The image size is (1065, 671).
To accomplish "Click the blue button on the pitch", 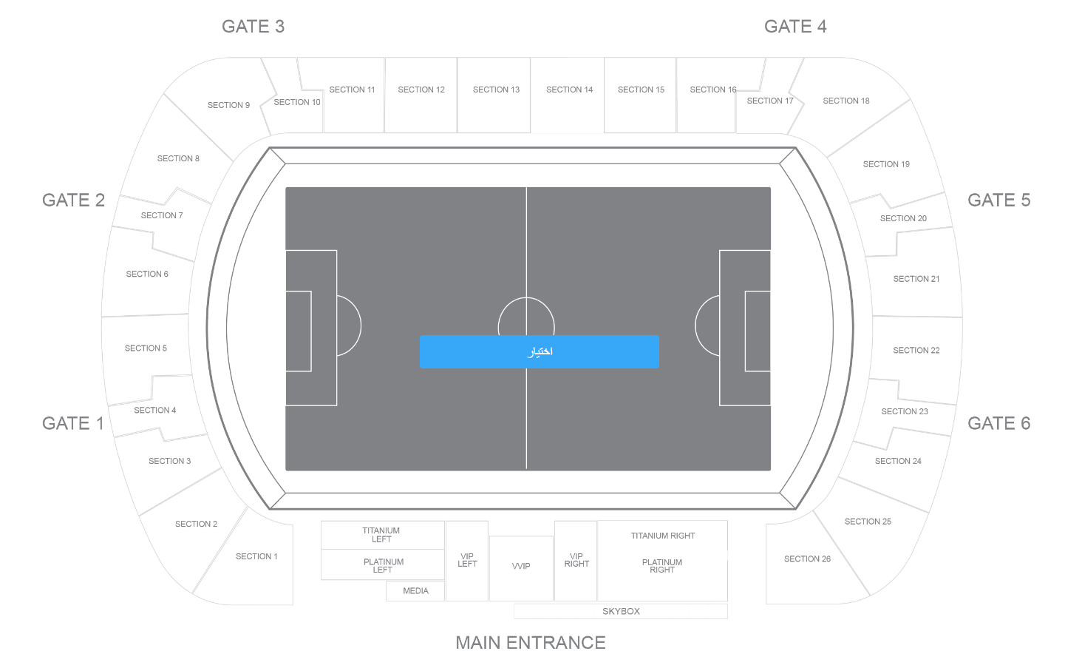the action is (540, 351).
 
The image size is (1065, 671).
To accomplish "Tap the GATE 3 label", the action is (253, 27).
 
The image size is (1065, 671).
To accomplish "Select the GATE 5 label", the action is (999, 200).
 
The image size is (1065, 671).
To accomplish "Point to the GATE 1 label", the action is (72, 424).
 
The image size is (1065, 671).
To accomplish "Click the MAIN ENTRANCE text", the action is (531, 643).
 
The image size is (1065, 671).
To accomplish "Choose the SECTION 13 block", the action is (494, 95).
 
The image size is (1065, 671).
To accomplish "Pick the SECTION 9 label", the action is (228, 105).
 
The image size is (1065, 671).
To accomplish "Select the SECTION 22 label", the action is (916, 350).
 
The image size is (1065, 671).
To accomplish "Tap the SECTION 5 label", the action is (146, 348).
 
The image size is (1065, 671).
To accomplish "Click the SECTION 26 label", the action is (807, 559).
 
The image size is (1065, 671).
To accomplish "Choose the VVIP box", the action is (521, 568).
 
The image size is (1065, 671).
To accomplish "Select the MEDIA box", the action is (415, 591).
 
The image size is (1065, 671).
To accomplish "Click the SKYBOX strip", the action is (621, 612).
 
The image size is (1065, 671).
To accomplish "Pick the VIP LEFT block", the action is (467, 561).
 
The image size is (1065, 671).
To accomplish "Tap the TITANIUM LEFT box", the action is (382, 535).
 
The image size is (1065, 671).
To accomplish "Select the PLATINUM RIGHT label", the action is (661, 566).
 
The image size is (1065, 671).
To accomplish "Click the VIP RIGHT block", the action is (576, 561).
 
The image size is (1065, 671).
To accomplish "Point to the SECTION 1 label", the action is (256, 556).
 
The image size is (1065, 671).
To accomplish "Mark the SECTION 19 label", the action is (886, 164).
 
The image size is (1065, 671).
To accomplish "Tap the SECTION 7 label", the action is (162, 215).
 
